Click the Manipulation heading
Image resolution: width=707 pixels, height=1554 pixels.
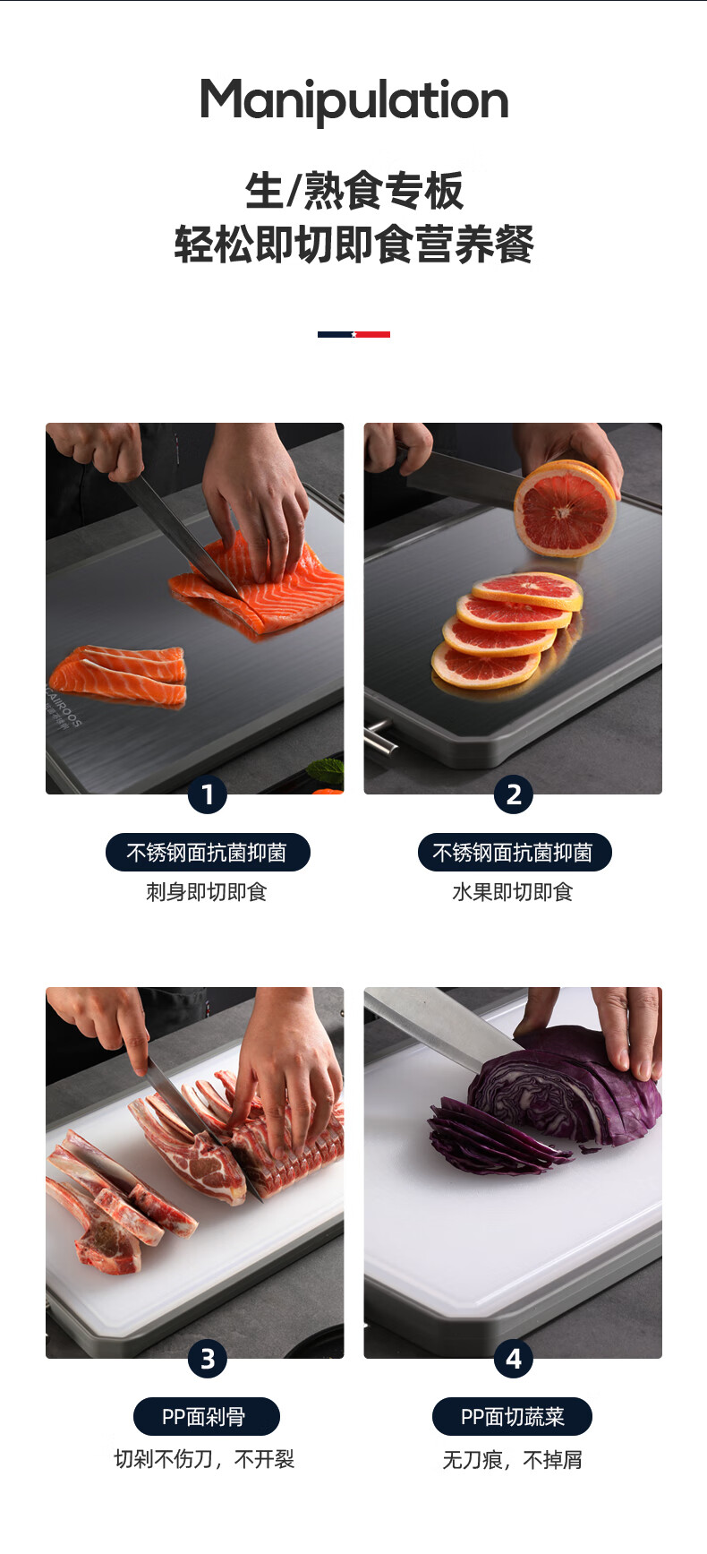(x=354, y=100)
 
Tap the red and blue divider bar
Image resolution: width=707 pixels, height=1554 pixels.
(x=353, y=334)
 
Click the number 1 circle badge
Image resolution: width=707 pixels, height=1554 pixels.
(x=208, y=794)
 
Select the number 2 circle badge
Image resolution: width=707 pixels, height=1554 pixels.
(x=514, y=794)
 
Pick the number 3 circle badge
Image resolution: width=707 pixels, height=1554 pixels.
(x=208, y=1359)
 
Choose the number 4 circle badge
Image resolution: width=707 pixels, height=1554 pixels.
(x=514, y=1359)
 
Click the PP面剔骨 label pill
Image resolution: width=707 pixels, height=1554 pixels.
(x=207, y=1416)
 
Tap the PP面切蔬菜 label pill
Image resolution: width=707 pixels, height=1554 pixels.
(x=513, y=1416)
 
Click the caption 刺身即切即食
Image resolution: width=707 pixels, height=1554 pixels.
(x=207, y=892)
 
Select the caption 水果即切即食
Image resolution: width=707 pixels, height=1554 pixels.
(x=513, y=892)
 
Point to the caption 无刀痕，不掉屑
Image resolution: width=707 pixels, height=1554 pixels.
(x=513, y=1460)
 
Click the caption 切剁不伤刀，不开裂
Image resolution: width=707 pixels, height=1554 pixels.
(x=205, y=1459)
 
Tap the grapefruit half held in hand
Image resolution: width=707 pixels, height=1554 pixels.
(x=566, y=508)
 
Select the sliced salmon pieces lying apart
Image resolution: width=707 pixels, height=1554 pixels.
(x=119, y=675)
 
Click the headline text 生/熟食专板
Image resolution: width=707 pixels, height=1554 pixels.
(x=354, y=191)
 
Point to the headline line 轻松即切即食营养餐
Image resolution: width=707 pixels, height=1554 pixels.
(x=354, y=245)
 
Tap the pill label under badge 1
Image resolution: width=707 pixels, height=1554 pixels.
(x=208, y=852)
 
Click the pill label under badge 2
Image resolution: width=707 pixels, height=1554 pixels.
(x=515, y=852)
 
